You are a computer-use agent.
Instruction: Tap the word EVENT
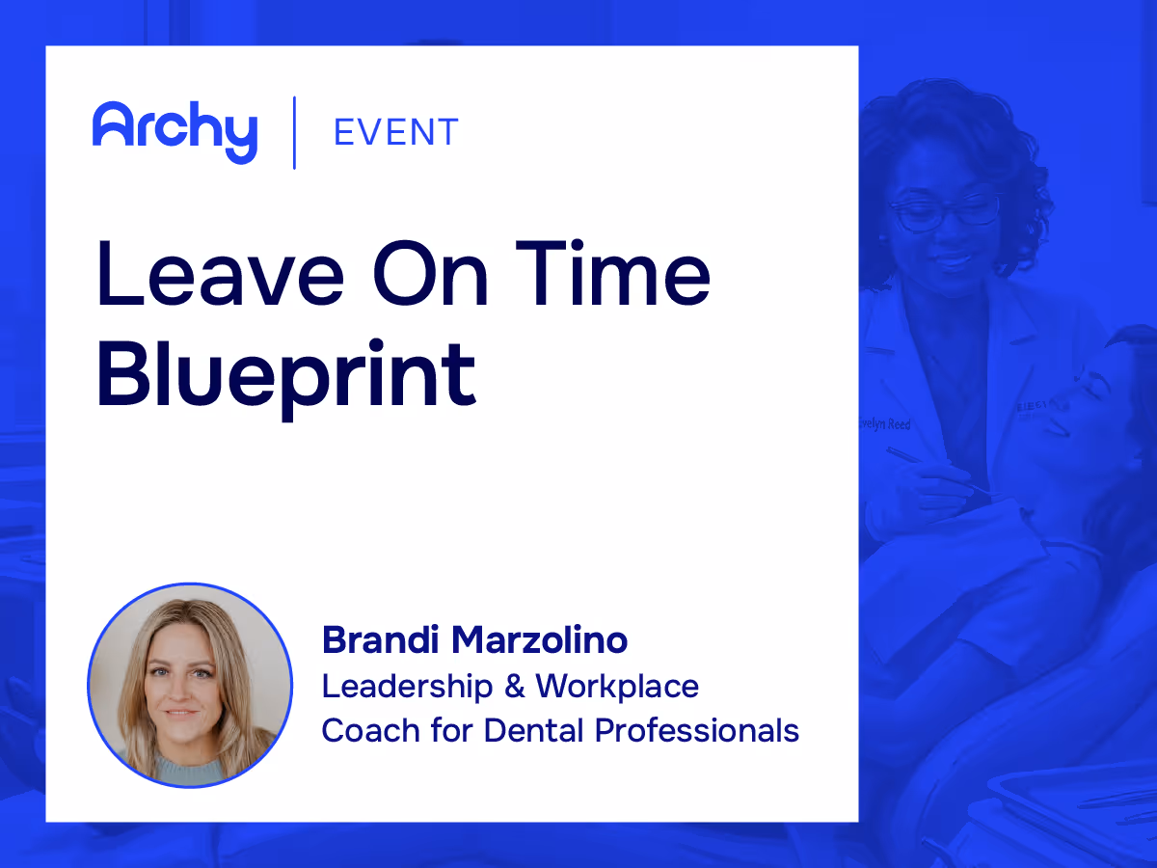tap(395, 132)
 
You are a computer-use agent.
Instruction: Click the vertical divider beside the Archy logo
tap(294, 132)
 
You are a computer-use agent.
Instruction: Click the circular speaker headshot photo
tap(190, 685)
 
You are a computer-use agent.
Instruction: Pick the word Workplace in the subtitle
tap(617, 686)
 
